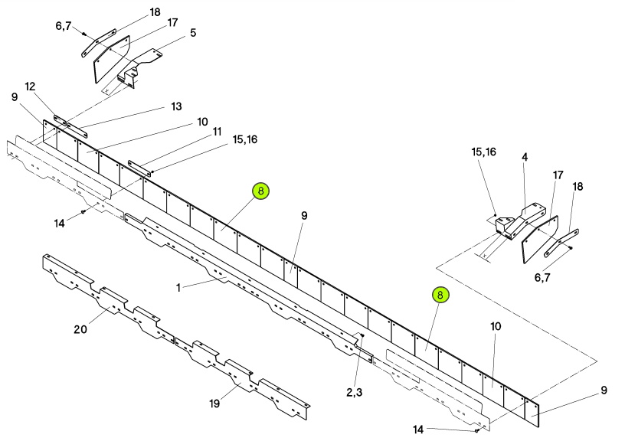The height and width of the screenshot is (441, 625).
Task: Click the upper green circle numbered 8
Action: (x=260, y=191)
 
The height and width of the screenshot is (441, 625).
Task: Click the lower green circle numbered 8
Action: (x=440, y=296)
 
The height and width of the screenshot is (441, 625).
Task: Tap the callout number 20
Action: (x=80, y=329)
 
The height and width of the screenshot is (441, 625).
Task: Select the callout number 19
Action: (x=214, y=403)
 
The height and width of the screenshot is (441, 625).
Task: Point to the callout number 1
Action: (x=178, y=287)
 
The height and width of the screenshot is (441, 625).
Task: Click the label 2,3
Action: (x=355, y=393)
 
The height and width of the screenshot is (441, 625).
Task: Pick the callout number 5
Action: (x=193, y=33)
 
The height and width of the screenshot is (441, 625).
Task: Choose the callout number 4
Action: (x=525, y=158)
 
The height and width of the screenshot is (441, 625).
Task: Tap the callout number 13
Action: (x=176, y=106)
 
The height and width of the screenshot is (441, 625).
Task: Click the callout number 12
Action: (x=30, y=87)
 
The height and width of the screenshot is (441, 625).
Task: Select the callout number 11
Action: (x=217, y=132)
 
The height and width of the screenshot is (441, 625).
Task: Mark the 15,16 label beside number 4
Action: (x=483, y=152)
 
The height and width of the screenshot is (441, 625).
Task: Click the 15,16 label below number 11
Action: (x=245, y=139)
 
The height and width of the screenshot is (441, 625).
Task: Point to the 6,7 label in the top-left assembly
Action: (x=64, y=26)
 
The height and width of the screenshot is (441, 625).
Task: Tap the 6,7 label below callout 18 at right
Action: (x=542, y=277)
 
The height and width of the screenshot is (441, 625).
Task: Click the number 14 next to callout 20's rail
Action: (x=60, y=224)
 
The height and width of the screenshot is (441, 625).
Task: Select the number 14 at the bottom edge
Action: (x=418, y=430)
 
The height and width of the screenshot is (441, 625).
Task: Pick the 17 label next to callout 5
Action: (x=172, y=23)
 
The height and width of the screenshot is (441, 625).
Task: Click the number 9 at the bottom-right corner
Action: (x=604, y=390)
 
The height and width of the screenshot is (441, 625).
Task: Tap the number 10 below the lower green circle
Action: (x=496, y=327)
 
